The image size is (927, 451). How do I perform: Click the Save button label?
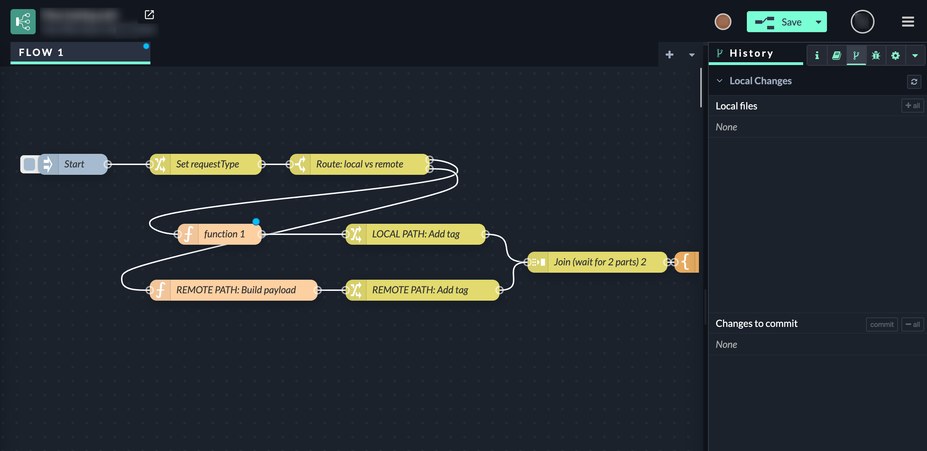tap(791, 22)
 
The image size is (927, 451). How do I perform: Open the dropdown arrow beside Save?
tap(818, 22)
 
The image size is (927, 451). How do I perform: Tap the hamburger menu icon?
tap(907, 22)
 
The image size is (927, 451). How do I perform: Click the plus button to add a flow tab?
tap(669, 55)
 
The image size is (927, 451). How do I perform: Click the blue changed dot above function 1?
tap(256, 222)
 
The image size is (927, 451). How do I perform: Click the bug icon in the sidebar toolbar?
tap(876, 55)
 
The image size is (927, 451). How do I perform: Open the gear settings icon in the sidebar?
tap(895, 55)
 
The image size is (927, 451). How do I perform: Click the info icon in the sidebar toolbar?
tap(817, 55)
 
